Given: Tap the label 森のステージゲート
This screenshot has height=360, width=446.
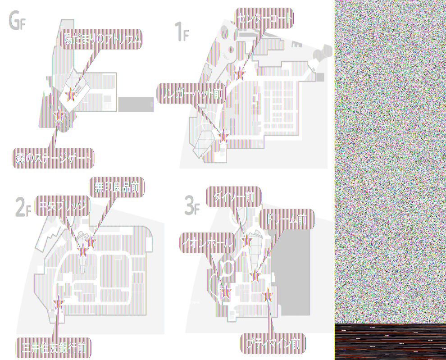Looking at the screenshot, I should pyautogui.click(x=53, y=158).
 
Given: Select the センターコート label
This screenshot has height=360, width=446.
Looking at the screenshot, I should pyautogui.click(x=264, y=18).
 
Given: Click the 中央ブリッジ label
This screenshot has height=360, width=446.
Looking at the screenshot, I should pyautogui.click(x=62, y=206).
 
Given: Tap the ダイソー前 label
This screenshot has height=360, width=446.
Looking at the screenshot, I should pyautogui.click(x=234, y=197).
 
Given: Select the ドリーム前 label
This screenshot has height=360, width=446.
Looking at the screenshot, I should pyautogui.click(x=287, y=219).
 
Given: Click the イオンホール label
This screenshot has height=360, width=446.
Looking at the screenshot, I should pyautogui.click(x=208, y=243).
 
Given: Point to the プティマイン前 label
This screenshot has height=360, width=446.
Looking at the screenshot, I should pyautogui.click(x=273, y=344).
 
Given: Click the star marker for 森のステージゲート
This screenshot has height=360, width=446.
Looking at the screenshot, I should pyautogui.click(x=59, y=116).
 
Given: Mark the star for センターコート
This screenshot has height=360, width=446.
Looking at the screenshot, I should pyautogui.click(x=240, y=73).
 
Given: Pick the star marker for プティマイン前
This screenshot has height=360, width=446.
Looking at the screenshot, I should pyautogui.click(x=269, y=295).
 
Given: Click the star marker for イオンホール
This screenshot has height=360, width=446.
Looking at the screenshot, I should pyautogui.click(x=225, y=292).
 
